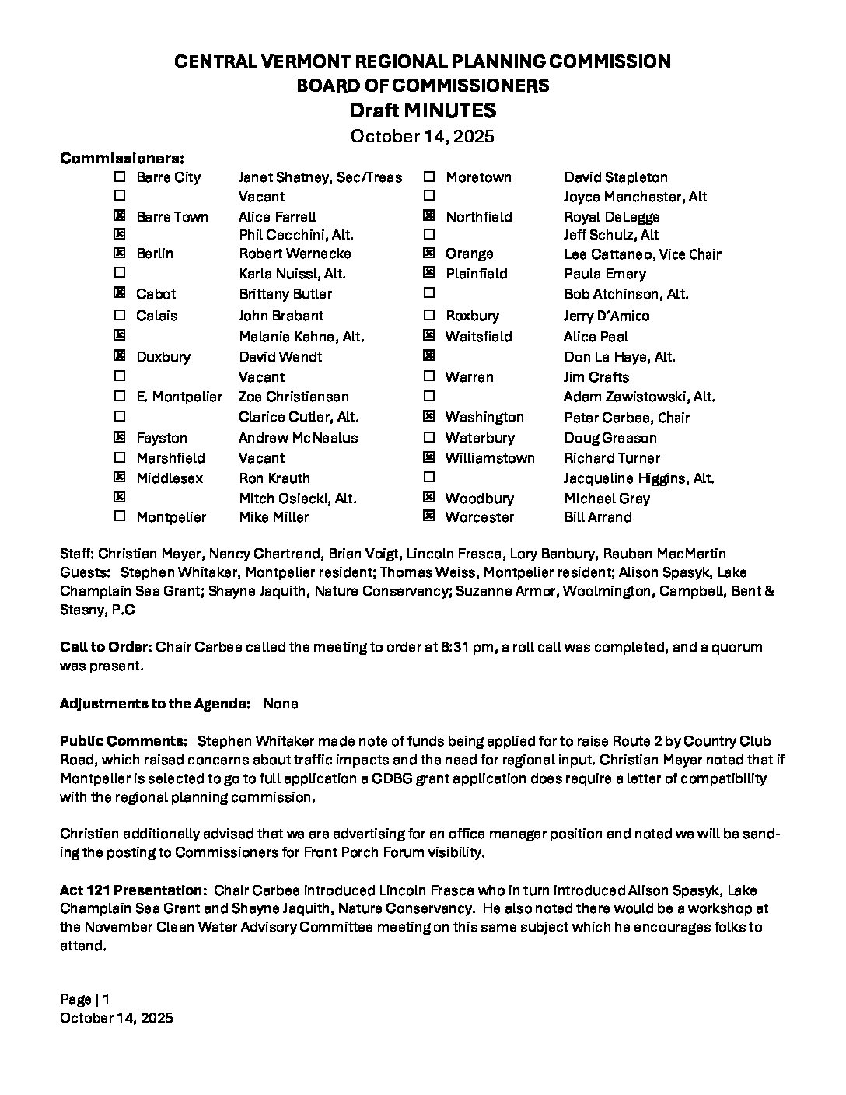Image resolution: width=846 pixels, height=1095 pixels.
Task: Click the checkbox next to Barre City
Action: point(120,177)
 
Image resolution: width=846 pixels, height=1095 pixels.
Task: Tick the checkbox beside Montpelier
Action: point(120,516)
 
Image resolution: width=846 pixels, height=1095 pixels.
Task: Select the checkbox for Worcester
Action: point(428,516)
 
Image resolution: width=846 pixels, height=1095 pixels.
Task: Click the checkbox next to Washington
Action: point(428,417)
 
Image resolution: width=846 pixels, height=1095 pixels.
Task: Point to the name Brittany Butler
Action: point(285,294)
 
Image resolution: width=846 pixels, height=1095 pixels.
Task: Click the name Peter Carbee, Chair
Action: point(627,418)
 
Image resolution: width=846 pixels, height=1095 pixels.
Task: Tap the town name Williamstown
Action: point(490,458)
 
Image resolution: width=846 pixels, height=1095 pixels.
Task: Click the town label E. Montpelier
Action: point(179,397)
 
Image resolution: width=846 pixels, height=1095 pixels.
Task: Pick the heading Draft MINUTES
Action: point(422,110)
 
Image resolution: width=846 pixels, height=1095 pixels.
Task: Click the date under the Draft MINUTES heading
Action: point(422,136)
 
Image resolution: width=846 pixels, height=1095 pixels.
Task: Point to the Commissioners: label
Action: point(122,158)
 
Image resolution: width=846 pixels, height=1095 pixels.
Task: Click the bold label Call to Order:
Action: point(106,647)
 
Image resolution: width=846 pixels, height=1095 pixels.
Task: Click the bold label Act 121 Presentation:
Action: point(133,890)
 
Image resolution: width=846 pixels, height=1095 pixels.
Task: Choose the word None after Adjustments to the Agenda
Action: point(281,704)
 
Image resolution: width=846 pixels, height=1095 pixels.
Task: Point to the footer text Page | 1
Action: point(85,999)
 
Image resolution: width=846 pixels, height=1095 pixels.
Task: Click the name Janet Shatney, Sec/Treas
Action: point(320,177)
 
